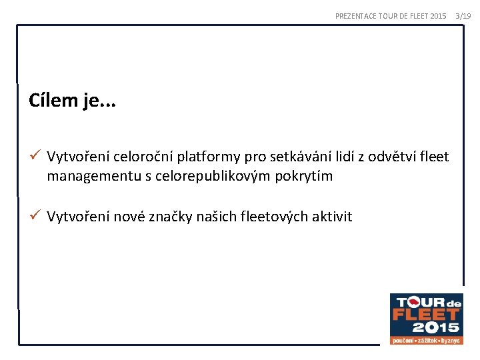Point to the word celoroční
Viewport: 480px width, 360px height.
[x=144, y=157]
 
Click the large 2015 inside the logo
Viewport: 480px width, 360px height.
[x=435, y=327]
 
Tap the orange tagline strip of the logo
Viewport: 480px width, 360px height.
[x=426, y=340]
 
